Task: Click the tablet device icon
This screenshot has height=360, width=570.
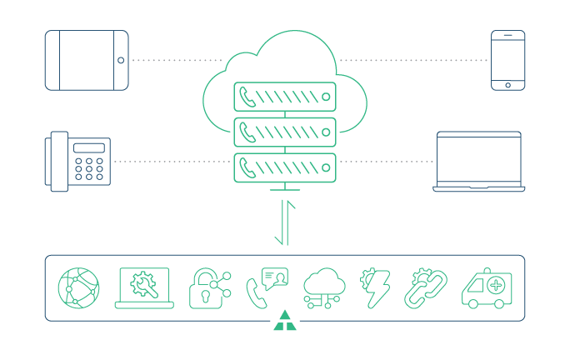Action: click(x=87, y=60)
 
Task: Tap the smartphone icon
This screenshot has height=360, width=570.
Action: click(x=507, y=60)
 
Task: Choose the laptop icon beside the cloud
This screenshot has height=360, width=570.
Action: click(x=479, y=162)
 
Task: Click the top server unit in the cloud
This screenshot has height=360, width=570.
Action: click(x=285, y=97)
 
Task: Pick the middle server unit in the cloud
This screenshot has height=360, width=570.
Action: click(x=285, y=132)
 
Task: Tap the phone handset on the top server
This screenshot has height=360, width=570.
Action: click(x=247, y=97)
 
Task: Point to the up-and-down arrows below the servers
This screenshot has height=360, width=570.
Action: click(x=285, y=222)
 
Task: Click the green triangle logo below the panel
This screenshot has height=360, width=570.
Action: click(x=285, y=322)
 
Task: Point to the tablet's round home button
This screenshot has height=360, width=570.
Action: click(x=121, y=60)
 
